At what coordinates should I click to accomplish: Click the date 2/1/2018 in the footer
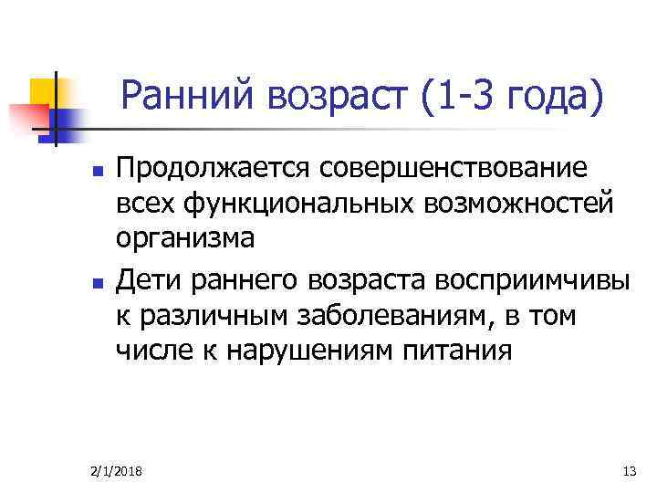pyautogui.click(x=121, y=471)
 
